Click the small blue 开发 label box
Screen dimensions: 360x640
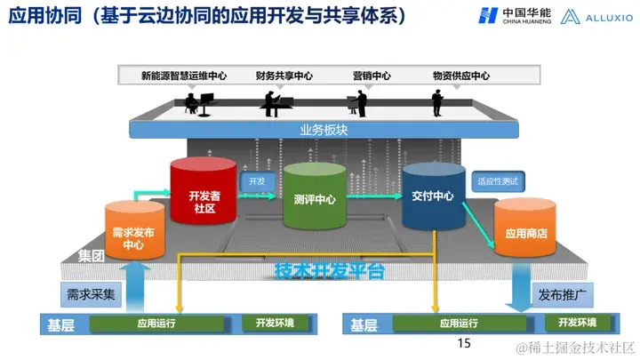(x=257, y=181)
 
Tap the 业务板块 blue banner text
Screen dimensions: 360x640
(x=321, y=129)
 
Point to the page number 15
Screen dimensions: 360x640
(x=462, y=343)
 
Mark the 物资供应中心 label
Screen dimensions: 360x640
(x=460, y=77)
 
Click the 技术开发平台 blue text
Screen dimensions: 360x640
(x=329, y=270)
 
